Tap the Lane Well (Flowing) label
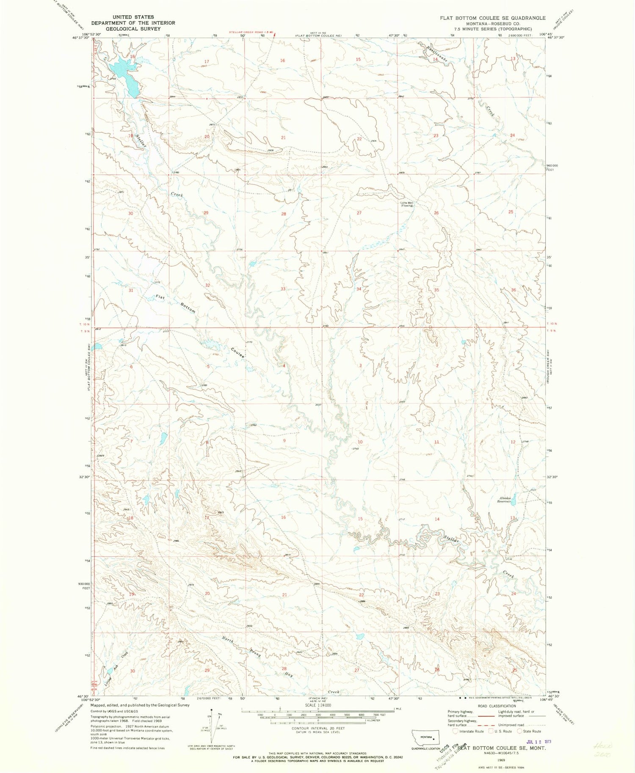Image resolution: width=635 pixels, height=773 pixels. coord(407,204)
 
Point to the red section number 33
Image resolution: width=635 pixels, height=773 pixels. coord(283,289)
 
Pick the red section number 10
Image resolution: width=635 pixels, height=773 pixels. coord(360,442)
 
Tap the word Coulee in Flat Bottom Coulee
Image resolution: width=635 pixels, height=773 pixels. coord(238,353)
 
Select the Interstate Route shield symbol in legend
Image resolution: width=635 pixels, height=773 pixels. coord(455,731)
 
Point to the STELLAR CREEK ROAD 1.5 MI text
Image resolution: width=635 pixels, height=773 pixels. coord(250,32)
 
